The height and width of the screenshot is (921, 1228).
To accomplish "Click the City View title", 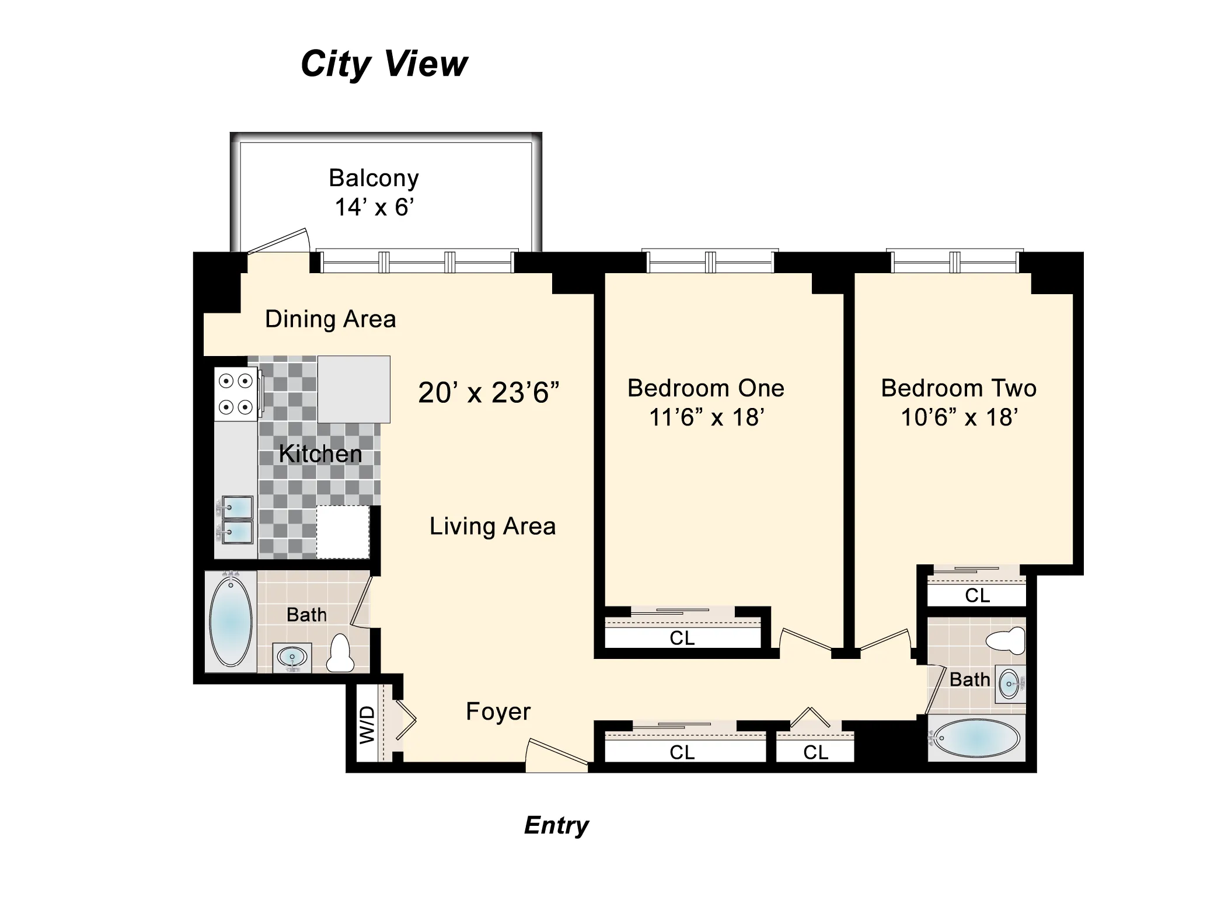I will (383, 64).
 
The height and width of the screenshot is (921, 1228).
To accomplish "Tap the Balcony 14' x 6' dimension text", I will (374, 208).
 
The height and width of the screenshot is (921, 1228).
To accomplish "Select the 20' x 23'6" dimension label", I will (489, 393).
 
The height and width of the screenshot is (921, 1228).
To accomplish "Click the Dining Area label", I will (330, 319).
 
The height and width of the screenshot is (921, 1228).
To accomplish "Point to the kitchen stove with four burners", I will (236, 394).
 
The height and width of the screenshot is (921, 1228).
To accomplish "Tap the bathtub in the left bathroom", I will (231, 621).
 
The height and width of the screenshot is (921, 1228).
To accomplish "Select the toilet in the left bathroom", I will (340, 654).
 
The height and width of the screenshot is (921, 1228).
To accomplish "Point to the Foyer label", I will (498, 711).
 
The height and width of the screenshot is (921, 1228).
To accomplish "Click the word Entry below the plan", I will (556, 825).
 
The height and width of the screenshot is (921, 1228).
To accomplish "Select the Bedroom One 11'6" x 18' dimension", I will (706, 418).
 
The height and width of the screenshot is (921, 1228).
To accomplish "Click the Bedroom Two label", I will (958, 388).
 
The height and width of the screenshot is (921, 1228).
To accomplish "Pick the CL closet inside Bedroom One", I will (682, 638).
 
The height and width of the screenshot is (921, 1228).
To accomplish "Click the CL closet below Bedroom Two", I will (977, 595).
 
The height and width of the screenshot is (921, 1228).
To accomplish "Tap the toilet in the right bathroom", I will (1006, 640).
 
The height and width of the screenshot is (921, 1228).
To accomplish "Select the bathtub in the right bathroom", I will (975, 738).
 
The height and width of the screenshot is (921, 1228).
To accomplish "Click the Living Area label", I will (492, 526).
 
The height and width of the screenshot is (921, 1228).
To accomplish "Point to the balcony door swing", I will (279, 241).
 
